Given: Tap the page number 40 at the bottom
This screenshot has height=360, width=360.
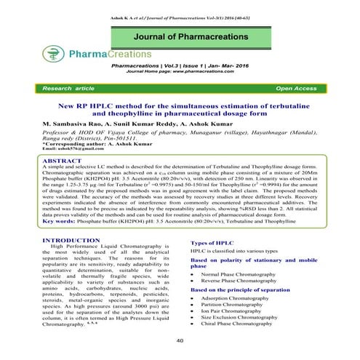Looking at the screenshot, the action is [180, 340].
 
